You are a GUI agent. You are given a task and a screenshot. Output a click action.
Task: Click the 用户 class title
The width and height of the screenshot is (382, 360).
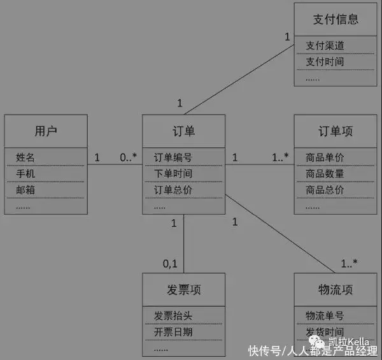(45, 131)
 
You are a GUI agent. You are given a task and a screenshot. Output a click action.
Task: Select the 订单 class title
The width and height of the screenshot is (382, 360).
(183, 131)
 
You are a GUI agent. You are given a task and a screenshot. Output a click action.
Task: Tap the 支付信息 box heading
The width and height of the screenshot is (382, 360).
(335, 19)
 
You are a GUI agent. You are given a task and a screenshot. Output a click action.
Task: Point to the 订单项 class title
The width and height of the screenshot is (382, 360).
(335, 131)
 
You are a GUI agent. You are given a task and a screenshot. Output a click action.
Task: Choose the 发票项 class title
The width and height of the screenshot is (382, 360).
(183, 290)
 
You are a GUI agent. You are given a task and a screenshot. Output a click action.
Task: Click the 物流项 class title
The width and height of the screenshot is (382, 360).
(335, 290)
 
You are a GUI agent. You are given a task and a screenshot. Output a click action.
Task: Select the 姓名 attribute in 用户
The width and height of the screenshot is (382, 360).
(25, 157)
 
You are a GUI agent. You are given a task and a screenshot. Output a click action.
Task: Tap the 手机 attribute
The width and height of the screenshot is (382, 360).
(25, 173)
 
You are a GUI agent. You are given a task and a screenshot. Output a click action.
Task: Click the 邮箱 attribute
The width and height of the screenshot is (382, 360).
(25, 190)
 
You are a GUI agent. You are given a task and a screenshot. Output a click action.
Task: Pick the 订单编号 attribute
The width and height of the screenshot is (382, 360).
(173, 157)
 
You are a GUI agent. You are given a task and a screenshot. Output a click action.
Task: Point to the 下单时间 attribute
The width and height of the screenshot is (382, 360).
(173, 173)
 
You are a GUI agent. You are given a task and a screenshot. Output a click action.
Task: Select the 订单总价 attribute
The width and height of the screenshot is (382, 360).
(173, 190)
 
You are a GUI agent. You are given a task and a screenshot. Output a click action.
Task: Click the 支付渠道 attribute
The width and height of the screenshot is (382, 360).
(325, 46)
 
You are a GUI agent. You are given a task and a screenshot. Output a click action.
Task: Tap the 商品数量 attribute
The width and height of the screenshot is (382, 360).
(325, 173)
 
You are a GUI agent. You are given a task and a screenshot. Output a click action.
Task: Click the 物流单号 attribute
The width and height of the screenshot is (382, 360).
(325, 316)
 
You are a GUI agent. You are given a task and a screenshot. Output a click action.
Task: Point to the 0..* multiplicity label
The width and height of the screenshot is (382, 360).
(129, 157)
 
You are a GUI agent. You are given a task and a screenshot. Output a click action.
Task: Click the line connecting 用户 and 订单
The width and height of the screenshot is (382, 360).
(115, 165)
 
